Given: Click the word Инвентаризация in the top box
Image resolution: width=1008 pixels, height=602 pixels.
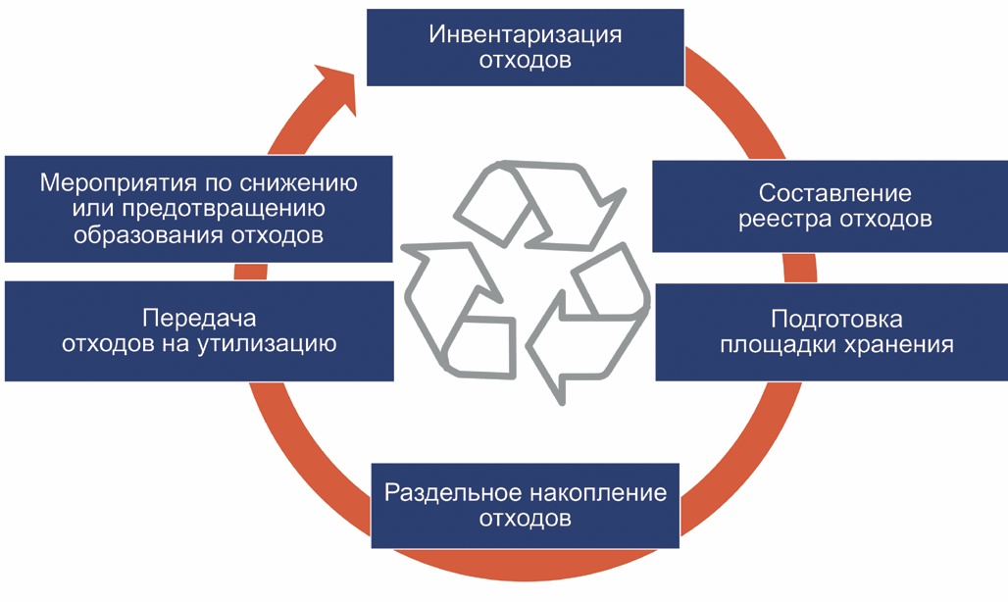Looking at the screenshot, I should (x=526, y=35).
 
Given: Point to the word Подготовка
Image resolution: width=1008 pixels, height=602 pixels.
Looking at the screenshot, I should (x=836, y=320).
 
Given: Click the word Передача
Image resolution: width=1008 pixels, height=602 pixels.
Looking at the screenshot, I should (x=199, y=319).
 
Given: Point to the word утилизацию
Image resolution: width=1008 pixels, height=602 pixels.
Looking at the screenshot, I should (x=277, y=344).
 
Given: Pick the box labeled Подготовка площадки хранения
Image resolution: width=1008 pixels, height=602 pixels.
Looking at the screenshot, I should (x=831, y=332).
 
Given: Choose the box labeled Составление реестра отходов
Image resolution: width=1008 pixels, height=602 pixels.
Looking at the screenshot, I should (x=830, y=206).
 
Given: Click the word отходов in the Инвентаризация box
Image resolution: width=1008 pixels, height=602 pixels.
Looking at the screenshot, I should (x=526, y=61).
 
